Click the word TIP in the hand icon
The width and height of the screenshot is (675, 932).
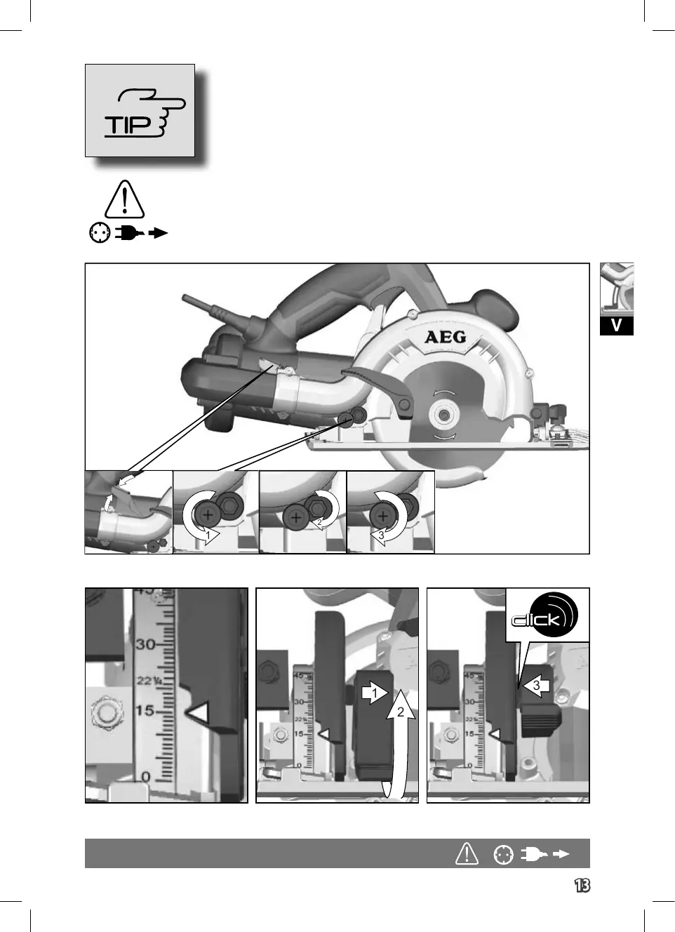(128, 126)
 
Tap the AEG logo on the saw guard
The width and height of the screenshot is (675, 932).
(446, 337)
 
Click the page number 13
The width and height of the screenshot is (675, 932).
(582, 886)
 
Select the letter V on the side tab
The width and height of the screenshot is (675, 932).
(616, 326)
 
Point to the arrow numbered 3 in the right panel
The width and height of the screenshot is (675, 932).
(536, 686)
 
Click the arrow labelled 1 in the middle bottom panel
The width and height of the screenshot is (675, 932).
(375, 693)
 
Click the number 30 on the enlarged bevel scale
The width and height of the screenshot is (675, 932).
(145, 644)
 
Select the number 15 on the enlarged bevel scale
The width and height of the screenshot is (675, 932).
(145, 711)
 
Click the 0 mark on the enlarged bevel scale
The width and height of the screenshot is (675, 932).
(146, 777)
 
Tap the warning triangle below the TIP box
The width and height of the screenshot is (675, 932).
(124, 199)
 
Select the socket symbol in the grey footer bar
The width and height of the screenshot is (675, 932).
(503, 854)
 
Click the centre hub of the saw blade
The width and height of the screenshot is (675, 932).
(442, 415)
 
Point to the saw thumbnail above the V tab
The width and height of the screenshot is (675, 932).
(616, 289)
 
